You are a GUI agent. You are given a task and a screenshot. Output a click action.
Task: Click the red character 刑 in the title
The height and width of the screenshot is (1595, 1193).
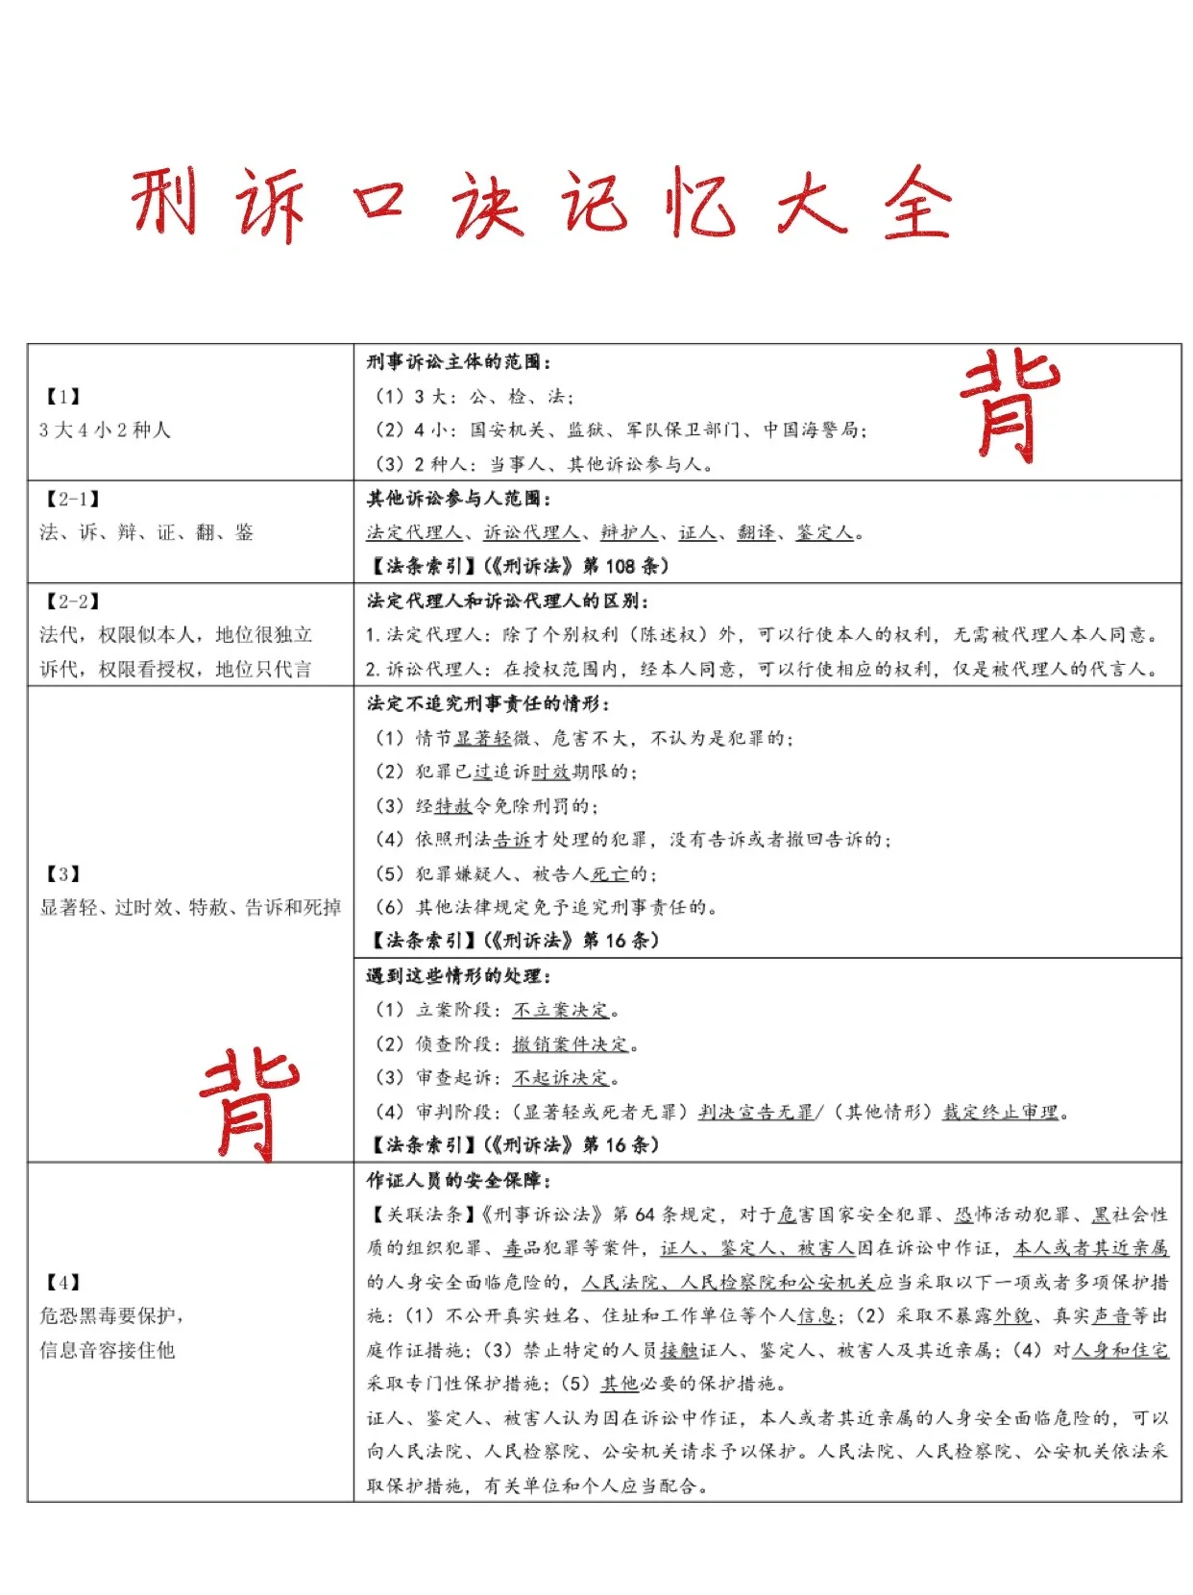tap(164, 202)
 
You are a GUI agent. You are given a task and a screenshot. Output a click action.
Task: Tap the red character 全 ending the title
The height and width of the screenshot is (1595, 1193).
tap(917, 204)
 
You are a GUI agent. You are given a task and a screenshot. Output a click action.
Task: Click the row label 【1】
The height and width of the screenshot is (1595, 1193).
tap(62, 397)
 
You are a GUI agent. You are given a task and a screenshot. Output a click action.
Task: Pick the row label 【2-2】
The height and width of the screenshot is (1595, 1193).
tap(72, 601)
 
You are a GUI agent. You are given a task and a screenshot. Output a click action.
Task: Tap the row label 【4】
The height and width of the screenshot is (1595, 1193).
tap(62, 1282)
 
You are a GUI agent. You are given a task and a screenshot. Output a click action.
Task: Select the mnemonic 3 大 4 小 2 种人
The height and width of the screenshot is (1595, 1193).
tap(105, 430)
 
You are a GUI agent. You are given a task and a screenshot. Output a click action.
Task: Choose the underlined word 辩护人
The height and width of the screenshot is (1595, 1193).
tap(629, 532)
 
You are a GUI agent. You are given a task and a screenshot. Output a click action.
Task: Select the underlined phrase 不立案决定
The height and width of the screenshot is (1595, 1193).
tap(562, 1010)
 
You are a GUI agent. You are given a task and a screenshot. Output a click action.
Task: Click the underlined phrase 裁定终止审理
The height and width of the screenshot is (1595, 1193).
tap(1000, 1112)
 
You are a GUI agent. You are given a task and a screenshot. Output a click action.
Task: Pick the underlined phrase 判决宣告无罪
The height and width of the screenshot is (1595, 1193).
tap(755, 1112)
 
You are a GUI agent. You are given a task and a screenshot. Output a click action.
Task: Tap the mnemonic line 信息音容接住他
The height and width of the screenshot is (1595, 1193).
tap(107, 1350)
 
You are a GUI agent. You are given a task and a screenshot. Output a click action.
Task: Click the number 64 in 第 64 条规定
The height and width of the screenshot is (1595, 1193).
tap(645, 1215)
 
